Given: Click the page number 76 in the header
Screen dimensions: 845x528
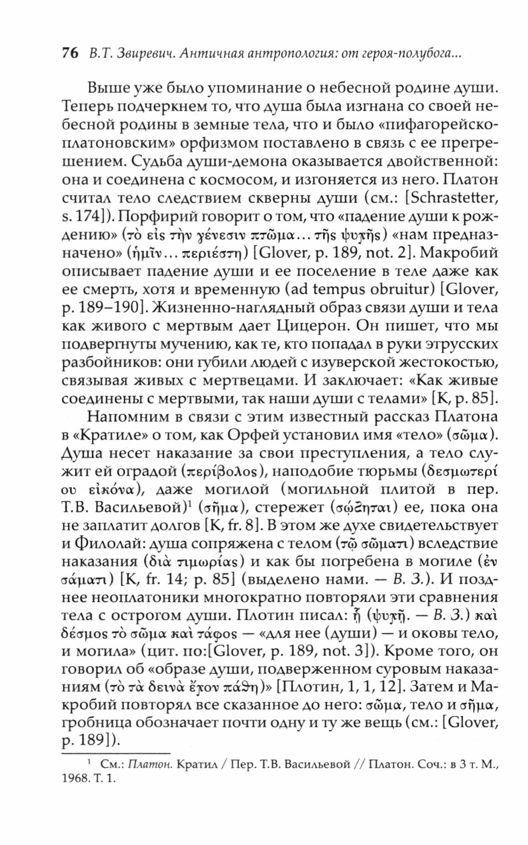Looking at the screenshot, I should pyautogui.click(x=70, y=54).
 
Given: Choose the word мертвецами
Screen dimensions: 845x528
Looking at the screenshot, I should pyautogui.click(x=246, y=380).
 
